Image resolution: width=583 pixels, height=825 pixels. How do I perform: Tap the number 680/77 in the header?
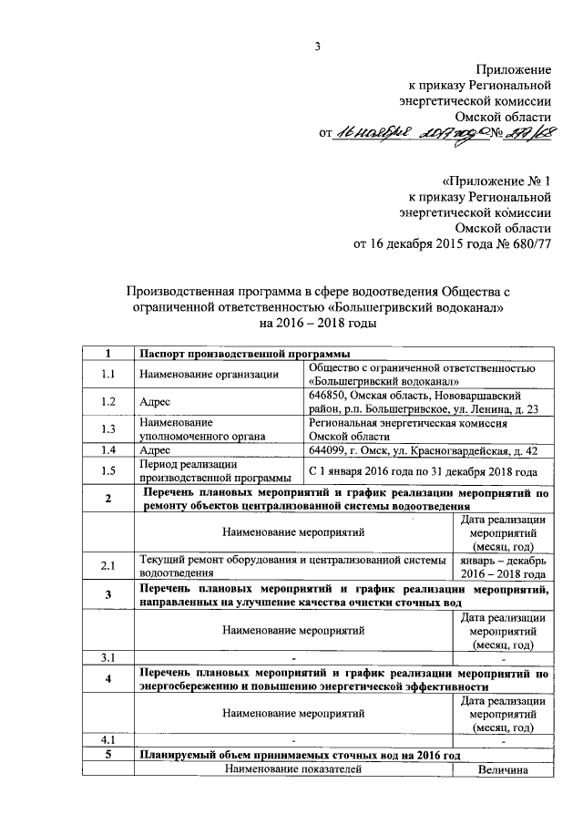pos(529,244)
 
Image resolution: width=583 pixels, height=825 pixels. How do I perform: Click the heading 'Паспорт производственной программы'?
pos(243,355)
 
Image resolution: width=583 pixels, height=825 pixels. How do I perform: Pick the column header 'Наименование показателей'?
pos(292,770)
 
